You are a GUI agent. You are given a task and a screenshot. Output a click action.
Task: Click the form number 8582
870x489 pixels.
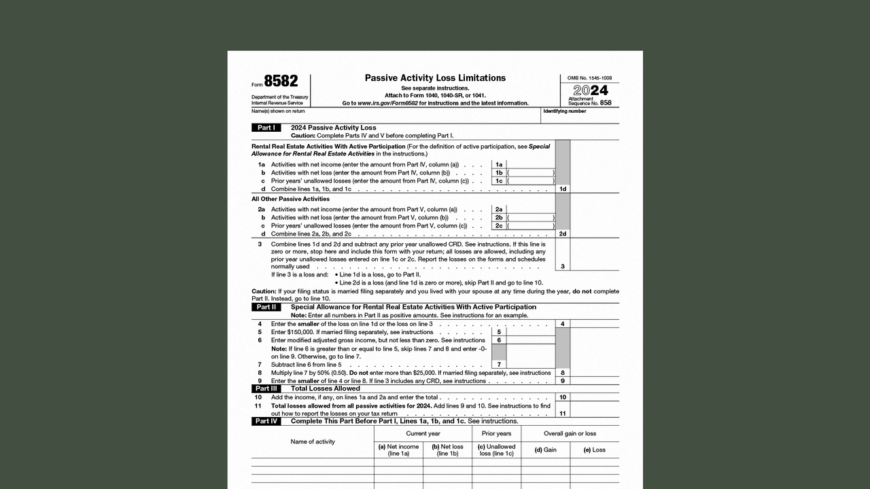(x=281, y=81)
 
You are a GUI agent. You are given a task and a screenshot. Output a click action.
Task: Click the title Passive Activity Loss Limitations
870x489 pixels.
(x=435, y=78)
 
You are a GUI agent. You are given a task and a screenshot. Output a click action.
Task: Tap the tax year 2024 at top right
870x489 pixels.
(x=590, y=90)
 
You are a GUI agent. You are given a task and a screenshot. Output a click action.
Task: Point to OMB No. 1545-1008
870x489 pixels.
(x=589, y=78)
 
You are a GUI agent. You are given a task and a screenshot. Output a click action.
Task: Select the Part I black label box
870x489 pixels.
(x=266, y=128)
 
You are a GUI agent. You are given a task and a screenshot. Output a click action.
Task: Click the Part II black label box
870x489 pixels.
(x=266, y=307)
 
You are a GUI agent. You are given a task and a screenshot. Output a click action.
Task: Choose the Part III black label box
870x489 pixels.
(x=266, y=388)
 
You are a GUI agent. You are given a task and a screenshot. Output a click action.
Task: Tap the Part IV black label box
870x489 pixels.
(x=266, y=421)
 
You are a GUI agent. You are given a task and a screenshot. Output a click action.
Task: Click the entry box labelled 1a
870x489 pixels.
(x=499, y=164)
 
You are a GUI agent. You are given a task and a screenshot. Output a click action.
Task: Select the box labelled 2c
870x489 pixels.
(x=499, y=225)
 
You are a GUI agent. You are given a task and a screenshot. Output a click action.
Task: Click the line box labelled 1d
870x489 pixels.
(x=562, y=189)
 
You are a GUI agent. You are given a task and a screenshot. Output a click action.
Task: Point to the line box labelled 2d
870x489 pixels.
(x=562, y=234)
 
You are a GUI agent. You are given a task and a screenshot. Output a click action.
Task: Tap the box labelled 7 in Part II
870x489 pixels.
(x=499, y=365)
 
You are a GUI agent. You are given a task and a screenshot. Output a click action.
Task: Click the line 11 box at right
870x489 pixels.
(x=562, y=413)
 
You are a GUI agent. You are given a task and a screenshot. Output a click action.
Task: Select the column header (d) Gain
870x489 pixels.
(x=545, y=450)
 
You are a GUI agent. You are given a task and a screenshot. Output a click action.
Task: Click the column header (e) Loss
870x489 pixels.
(x=594, y=450)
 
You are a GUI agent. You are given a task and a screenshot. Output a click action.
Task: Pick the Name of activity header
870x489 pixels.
(x=313, y=441)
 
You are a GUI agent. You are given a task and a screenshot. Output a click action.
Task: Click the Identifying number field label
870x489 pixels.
(x=564, y=111)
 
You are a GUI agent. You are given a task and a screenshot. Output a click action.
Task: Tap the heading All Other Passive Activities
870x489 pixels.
(x=290, y=199)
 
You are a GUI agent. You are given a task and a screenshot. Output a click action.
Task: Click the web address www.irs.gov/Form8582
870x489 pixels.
(x=387, y=103)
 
